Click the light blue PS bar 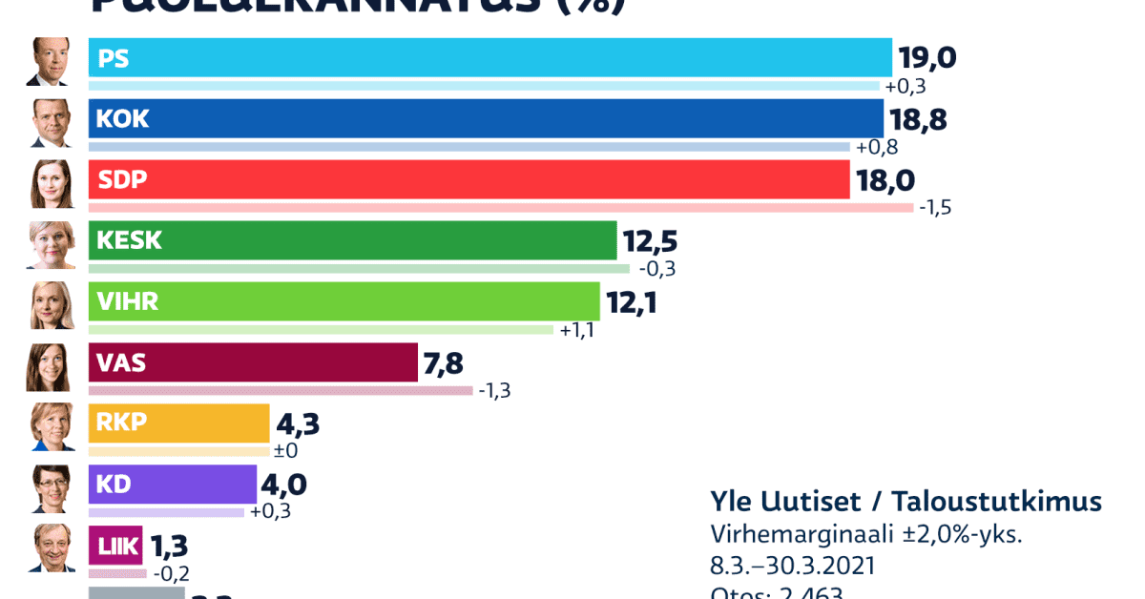tap(489, 58)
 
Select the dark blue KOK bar tap(486, 119)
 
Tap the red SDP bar tap(468, 179)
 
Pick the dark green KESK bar tap(353, 240)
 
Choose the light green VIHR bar tap(343, 301)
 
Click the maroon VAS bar tap(253, 362)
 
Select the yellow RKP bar tap(179, 423)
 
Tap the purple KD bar tap(173, 485)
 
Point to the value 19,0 tap(926, 58)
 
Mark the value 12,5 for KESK tap(650, 240)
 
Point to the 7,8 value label tap(445, 362)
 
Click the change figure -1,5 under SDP tap(934, 207)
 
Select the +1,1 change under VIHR tap(578, 329)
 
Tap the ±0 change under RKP tap(287, 451)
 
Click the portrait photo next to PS tap(50, 62)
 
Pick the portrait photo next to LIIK tap(50, 547)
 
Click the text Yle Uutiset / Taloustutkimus tap(906, 502)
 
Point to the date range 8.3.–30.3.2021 tap(793, 566)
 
